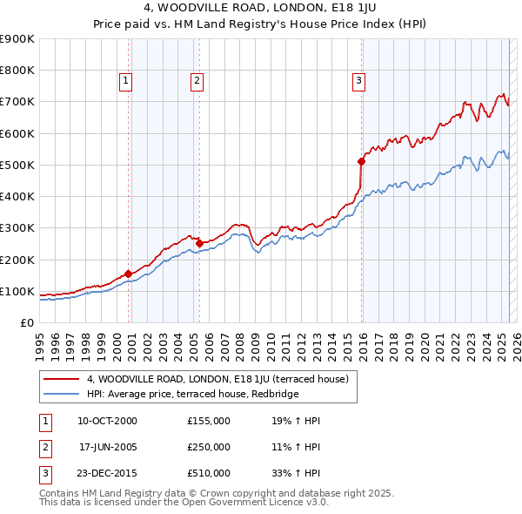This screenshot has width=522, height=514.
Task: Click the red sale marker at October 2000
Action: [128, 274]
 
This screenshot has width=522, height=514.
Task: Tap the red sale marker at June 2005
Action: [199, 243]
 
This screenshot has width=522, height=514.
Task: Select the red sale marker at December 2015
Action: [361, 161]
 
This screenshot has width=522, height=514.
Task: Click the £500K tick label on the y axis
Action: [17, 165]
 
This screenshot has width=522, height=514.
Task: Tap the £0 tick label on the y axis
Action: [27, 322]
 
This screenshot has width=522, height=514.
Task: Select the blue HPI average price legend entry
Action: [192, 395]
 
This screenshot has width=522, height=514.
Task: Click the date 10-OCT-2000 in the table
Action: [107, 421]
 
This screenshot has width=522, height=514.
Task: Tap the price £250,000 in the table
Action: [209, 447]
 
